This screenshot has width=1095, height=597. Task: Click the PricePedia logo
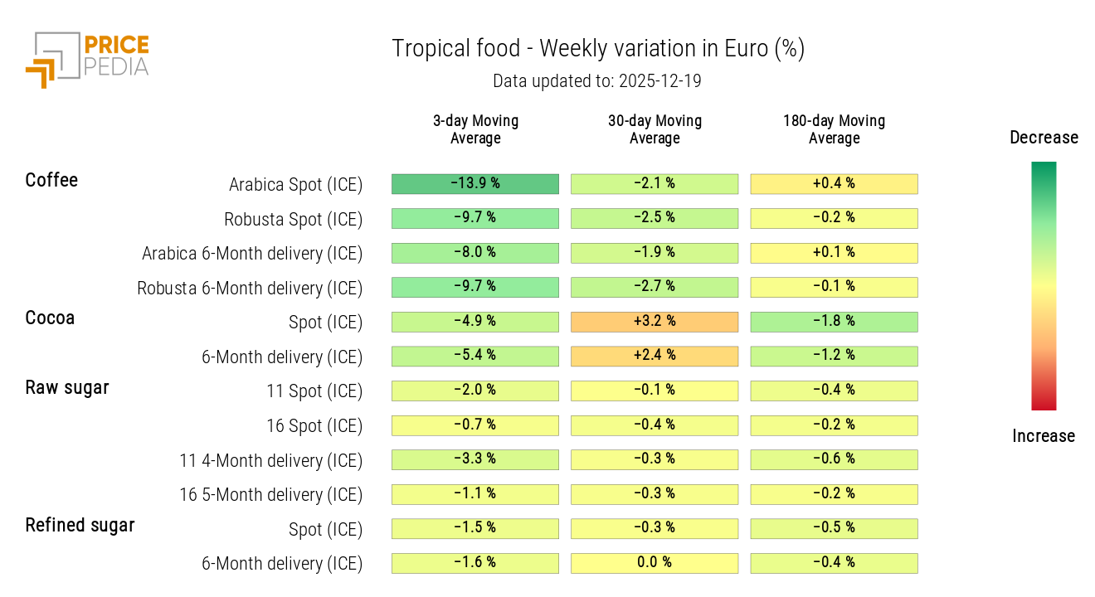(87, 59)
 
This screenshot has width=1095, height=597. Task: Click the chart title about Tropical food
(598, 49)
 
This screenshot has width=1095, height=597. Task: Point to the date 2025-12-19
(659, 81)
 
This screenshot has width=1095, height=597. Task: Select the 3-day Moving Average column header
(475, 129)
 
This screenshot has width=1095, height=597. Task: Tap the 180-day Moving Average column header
(834, 129)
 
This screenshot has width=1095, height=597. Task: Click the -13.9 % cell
(475, 183)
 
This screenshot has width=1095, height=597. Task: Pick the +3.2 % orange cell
(655, 322)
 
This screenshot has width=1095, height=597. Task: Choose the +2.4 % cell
(655, 356)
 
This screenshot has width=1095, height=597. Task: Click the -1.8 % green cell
(834, 322)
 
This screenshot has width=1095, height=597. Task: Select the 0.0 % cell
(655, 563)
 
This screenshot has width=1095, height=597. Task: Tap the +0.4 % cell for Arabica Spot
(834, 183)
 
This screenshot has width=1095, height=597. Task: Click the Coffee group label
(51, 180)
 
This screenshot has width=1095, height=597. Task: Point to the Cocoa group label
(50, 318)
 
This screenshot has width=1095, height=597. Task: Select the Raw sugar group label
(67, 387)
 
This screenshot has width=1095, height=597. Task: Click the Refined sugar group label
(80, 525)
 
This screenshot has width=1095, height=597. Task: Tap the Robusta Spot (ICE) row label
(293, 219)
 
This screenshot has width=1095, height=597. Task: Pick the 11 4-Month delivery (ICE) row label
(271, 460)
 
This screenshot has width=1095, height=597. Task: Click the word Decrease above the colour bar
(1044, 138)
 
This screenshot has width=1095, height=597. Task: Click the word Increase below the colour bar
(1044, 436)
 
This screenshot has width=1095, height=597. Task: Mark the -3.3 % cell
(475, 459)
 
